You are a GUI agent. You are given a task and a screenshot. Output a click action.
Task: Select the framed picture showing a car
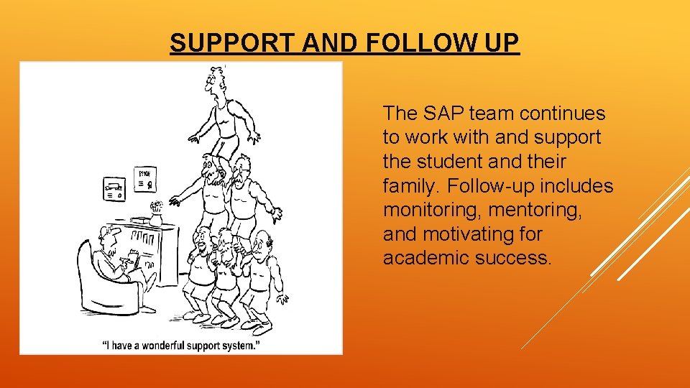(114, 190)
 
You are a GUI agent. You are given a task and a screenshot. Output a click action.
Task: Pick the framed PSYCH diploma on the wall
(147, 178)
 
